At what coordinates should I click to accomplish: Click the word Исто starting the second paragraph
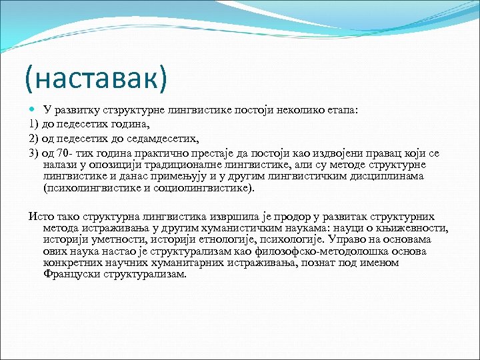click(x=39, y=217)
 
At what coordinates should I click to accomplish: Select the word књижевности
click(x=417, y=228)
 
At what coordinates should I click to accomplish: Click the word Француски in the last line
click(x=69, y=274)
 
